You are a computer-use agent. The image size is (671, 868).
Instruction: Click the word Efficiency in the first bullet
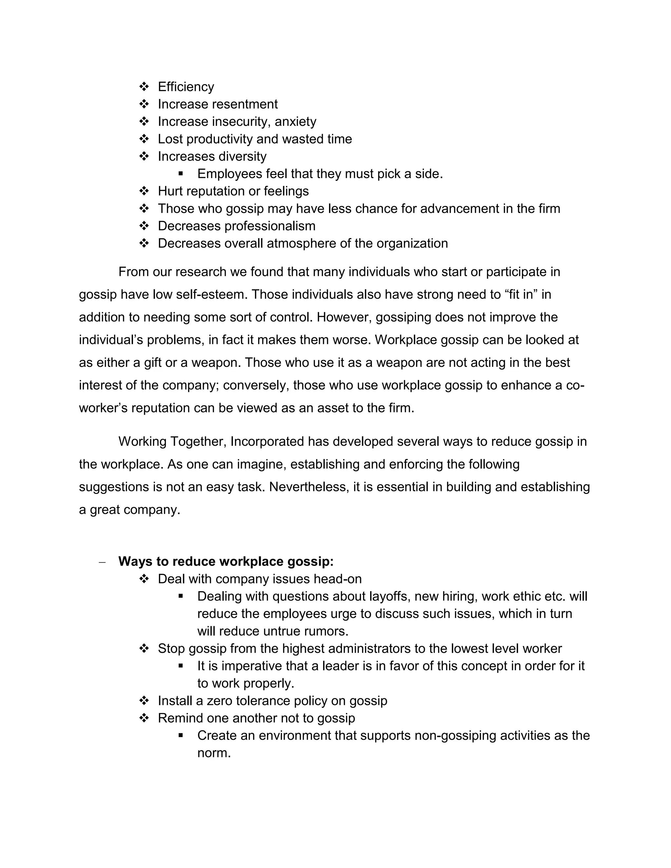click(x=186, y=87)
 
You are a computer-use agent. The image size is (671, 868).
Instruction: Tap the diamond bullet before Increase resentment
click(x=144, y=104)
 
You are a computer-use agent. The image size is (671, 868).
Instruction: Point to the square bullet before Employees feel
click(x=181, y=174)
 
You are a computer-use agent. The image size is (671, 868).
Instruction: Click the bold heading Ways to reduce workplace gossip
click(x=226, y=561)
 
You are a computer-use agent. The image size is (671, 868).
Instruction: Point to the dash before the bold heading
click(x=102, y=562)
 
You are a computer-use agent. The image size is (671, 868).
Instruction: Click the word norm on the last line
click(x=214, y=753)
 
